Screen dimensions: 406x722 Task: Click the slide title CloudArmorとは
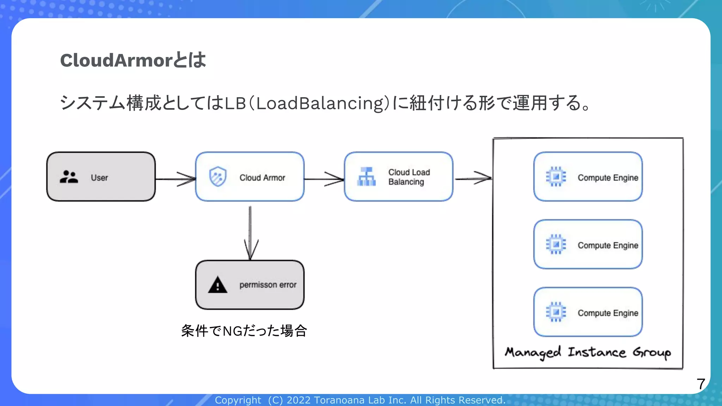click(133, 60)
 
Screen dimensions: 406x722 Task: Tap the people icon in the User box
click(69, 177)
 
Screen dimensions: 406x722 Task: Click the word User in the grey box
click(99, 178)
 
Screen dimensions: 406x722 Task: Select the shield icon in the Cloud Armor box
click(218, 177)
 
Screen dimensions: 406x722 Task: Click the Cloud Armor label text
click(262, 178)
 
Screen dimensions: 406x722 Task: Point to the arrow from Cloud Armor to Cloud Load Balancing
click(324, 179)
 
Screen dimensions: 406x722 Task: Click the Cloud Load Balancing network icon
click(366, 177)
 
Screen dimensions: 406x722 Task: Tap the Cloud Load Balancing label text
click(409, 177)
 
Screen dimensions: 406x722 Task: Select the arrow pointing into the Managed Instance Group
click(473, 178)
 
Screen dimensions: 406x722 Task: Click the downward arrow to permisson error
click(250, 233)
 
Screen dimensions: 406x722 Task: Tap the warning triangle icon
click(218, 285)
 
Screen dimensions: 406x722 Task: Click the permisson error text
click(268, 285)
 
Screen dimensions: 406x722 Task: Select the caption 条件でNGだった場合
click(244, 331)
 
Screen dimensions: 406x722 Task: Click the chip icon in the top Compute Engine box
click(556, 177)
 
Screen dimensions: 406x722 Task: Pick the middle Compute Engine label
click(608, 245)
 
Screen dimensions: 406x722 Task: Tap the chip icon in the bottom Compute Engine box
click(556, 312)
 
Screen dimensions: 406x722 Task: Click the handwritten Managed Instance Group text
click(588, 352)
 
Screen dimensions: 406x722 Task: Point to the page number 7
click(700, 384)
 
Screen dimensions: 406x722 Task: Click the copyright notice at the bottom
click(360, 400)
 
